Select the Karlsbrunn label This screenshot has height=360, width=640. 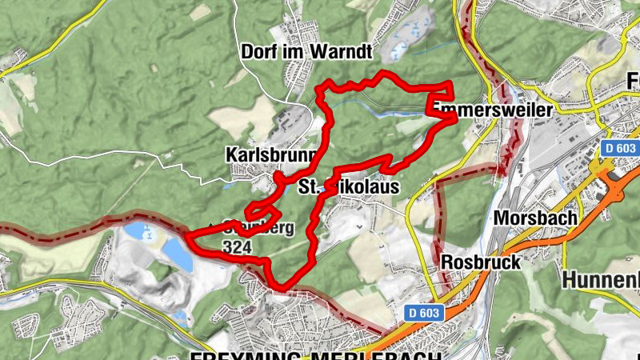(273, 154)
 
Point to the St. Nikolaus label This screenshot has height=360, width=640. (347, 187)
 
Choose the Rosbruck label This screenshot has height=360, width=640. (481, 262)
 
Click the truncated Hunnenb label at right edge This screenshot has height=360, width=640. (601, 280)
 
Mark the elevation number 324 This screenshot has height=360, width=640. (240, 247)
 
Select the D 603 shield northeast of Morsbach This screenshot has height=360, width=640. (620, 149)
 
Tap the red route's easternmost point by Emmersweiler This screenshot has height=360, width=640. (454, 118)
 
